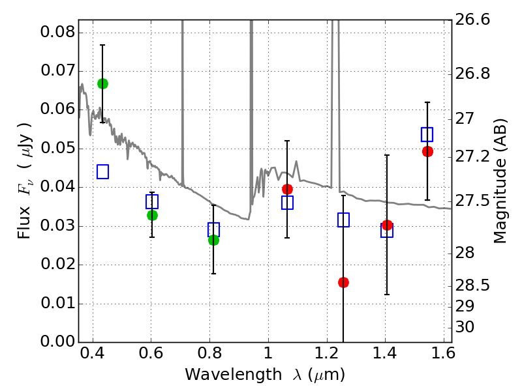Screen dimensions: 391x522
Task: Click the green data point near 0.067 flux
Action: [102, 83]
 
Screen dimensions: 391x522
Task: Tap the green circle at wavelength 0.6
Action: [152, 215]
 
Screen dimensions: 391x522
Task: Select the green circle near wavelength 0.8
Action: [213, 240]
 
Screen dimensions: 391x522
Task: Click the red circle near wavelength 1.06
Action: [287, 189]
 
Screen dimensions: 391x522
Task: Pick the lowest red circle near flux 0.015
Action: [343, 282]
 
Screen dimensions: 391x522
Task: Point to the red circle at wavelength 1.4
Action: [387, 225]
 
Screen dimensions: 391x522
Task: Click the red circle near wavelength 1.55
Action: [427, 151]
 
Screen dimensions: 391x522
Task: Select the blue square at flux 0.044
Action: [102, 171]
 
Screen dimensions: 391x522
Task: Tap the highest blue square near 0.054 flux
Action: [427, 134]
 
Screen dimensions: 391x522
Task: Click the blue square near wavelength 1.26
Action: [343, 220]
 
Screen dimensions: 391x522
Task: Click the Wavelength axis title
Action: [265, 375]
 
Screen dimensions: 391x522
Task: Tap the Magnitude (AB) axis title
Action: [500, 181]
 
